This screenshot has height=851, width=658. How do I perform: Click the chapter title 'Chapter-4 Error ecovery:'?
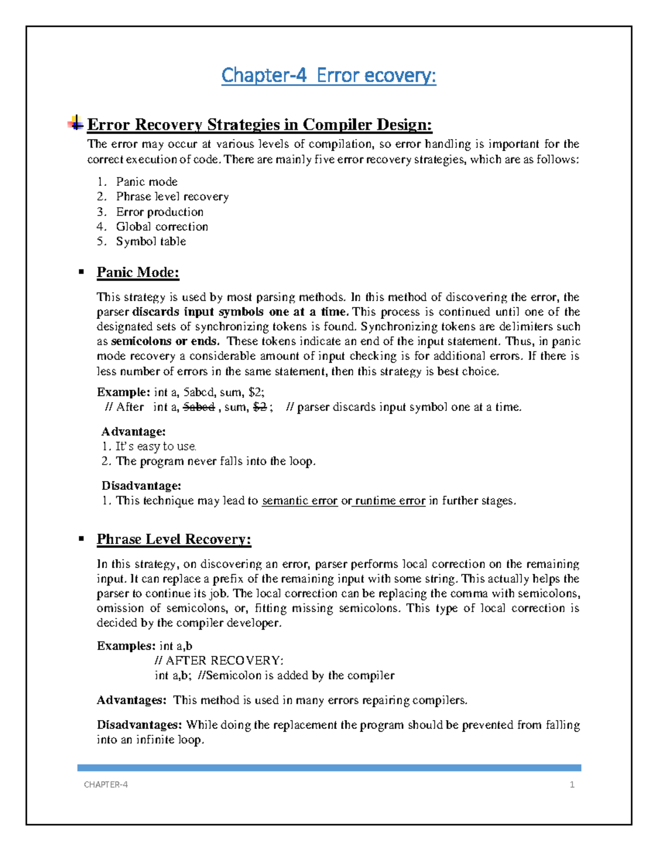pos(328,75)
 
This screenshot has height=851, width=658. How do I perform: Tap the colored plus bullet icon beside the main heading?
pos(76,123)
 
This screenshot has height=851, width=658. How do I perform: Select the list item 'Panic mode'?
pos(146,181)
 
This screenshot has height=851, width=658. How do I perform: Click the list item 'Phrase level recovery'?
pos(172,196)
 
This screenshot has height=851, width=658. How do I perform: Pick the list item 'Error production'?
pos(160,212)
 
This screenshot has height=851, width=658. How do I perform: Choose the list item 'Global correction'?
pos(162,226)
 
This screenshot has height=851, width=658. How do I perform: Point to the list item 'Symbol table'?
pos(151,241)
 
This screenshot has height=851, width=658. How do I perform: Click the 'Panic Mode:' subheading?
pos(138,272)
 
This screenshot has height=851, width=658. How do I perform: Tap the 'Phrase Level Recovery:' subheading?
pos(174,539)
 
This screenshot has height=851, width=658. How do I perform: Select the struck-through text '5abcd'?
pos(198,407)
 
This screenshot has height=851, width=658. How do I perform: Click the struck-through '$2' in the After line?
pos(259,407)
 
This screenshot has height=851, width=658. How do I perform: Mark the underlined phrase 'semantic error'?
pos(299,501)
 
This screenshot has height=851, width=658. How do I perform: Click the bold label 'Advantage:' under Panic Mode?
pos(133,432)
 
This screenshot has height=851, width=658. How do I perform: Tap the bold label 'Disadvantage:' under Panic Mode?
pos(141,486)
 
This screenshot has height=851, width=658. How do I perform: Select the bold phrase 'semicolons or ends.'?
pos(165,341)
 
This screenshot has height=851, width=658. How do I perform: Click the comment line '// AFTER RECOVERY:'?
pos(219,660)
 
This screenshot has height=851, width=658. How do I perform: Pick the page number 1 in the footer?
pos(572,785)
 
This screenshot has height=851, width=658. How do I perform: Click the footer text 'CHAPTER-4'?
pos(106,785)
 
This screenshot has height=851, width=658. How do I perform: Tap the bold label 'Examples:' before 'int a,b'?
pos(126,646)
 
